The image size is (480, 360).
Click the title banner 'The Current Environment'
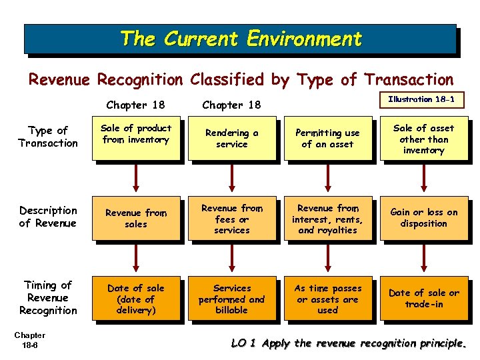click(x=240, y=39)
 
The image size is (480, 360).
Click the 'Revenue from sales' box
click(x=136, y=219)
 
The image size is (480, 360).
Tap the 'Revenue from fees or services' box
click(x=231, y=219)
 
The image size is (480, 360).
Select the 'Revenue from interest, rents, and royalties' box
click(x=327, y=219)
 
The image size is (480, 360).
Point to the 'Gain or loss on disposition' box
click(x=423, y=219)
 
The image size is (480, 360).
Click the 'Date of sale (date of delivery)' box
click(x=136, y=299)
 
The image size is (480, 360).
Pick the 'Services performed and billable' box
click(x=231, y=299)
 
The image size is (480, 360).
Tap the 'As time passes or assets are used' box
click(x=327, y=299)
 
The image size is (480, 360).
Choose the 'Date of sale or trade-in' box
click(x=423, y=299)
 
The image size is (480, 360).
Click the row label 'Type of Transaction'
click(x=48, y=137)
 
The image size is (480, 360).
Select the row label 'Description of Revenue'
click(x=48, y=217)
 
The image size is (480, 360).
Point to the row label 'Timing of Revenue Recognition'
click(x=48, y=298)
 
